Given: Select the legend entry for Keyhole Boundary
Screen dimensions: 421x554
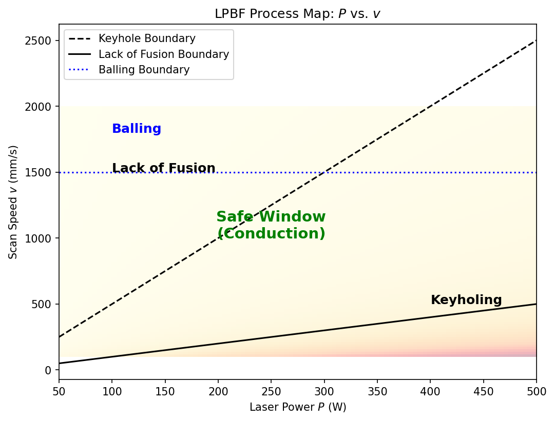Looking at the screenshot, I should tap(147, 39).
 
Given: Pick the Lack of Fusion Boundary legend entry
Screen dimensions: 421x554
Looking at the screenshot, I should tap(163, 54).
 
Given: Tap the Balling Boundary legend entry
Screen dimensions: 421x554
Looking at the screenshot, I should tap(144, 70).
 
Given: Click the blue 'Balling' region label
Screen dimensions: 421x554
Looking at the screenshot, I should tap(137, 129).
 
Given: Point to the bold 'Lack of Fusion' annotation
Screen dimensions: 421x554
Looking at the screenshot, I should tap(163, 168).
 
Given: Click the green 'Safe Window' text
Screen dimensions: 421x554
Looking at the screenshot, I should tap(271, 217).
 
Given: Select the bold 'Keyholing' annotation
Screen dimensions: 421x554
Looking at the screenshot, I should tap(466, 300).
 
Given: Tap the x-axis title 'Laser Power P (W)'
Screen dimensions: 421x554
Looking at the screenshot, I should tap(298, 407).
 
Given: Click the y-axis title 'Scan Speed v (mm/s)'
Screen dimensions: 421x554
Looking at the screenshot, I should tap(13, 202).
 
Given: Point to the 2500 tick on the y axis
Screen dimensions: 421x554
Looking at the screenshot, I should tap(40, 41).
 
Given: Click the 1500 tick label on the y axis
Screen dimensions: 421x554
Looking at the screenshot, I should tap(40, 172).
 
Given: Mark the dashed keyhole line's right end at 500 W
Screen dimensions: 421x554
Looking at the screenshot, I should tap(536, 41).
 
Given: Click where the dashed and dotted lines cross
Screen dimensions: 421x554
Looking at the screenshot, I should tap(324, 172).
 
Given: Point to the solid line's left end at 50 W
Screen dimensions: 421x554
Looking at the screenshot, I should tap(59, 364).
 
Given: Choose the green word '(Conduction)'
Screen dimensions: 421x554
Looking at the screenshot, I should tap(271, 234).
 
